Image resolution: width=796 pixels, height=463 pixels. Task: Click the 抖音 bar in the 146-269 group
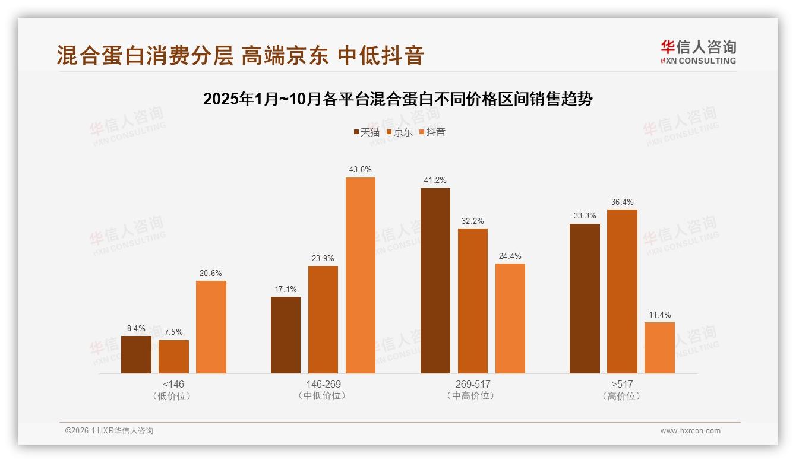tap(361, 275)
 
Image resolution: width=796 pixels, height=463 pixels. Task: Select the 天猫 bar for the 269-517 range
tap(435, 281)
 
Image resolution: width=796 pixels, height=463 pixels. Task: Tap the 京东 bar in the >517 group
tap(622, 291)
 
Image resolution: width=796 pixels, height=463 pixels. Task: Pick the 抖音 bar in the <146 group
tap(211, 327)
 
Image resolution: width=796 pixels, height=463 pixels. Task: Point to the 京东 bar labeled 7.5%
tap(173, 357)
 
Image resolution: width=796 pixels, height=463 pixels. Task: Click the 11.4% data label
tap(659, 315)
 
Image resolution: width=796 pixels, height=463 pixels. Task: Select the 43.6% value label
tap(361, 170)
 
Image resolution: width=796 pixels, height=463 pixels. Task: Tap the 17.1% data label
tap(285, 290)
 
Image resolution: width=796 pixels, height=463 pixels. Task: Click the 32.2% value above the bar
tap(472, 221)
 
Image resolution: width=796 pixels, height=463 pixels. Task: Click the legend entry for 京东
tap(399, 132)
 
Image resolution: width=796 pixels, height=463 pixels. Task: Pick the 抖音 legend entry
tap(432, 132)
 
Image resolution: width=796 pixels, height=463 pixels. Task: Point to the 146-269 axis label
tap(323, 384)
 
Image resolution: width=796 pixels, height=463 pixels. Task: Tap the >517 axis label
tap(622, 384)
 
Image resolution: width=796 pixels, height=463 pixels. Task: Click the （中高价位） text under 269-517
tap(472, 396)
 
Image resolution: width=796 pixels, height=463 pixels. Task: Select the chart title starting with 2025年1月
tap(397, 99)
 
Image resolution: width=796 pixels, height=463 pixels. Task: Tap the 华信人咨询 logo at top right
tap(698, 52)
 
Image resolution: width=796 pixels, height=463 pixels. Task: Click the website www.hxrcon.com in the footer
tap(690, 431)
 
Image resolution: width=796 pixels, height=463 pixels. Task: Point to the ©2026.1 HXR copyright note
tap(109, 431)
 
